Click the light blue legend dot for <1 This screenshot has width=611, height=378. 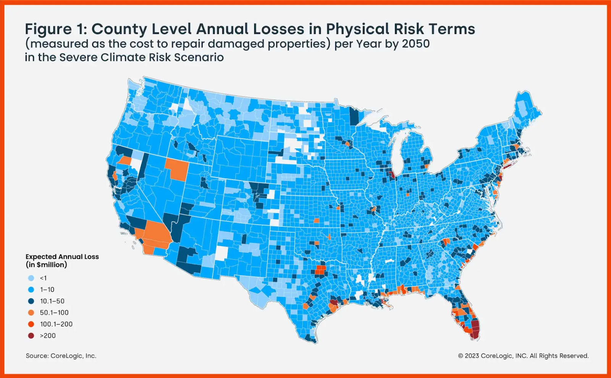[x=31, y=278]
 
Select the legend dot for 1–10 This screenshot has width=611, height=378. [x=31, y=289]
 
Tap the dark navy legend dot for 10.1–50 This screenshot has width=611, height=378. [x=31, y=301]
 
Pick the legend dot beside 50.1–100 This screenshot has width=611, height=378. [x=31, y=312]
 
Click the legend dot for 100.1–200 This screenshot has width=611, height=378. [x=31, y=324]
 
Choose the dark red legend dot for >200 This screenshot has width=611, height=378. [x=31, y=336]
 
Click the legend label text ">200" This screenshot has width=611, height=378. [x=48, y=336]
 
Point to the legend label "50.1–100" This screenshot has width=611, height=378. [x=54, y=312]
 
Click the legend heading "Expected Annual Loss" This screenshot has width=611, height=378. [x=62, y=257]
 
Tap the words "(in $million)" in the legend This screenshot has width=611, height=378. [x=46, y=265]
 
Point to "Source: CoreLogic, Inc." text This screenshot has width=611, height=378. [x=61, y=356]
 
